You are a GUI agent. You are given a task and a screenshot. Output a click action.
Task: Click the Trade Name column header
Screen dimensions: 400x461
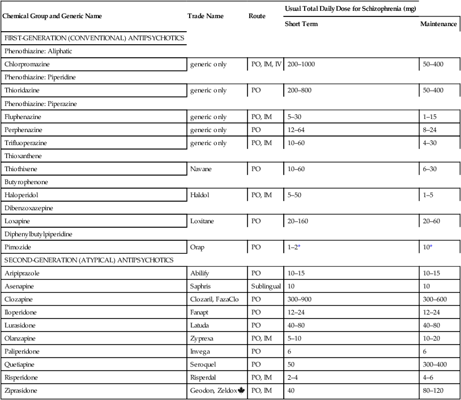tap(205, 16)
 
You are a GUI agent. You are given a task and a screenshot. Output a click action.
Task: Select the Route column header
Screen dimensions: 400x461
tap(257, 16)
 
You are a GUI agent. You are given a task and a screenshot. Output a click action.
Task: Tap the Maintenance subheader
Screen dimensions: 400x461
tap(439, 24)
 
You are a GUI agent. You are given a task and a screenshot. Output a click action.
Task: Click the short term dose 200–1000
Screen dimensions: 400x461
tap(301, 64)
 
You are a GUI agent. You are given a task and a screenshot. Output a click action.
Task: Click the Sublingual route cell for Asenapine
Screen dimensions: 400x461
tap(266, 286)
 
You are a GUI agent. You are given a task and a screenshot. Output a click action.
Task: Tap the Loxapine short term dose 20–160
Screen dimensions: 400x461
tap(298, 221)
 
